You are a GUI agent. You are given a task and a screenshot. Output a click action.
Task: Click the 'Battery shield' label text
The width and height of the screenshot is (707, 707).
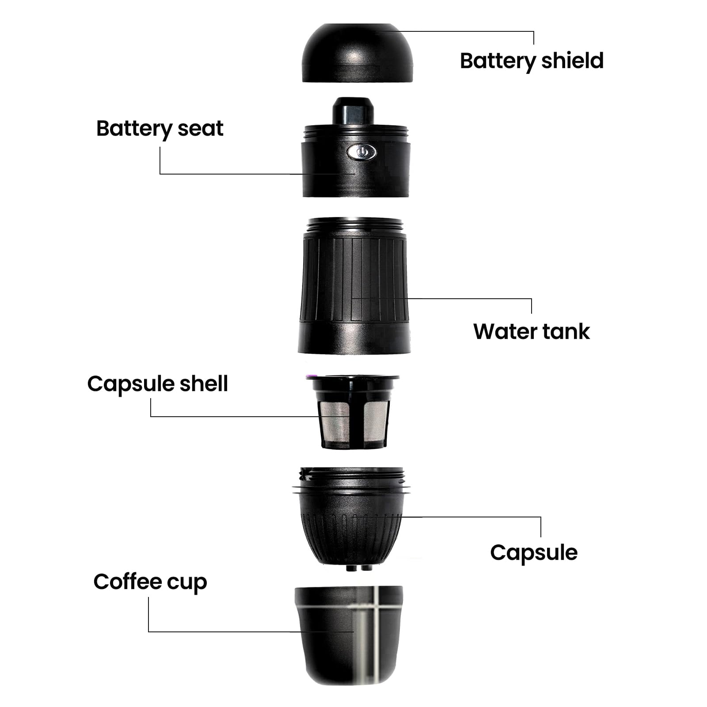[532, 61]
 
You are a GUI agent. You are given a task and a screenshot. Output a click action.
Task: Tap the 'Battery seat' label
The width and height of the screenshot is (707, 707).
[160, 129]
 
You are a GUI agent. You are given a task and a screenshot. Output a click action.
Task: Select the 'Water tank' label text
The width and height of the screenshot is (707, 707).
[531, 331]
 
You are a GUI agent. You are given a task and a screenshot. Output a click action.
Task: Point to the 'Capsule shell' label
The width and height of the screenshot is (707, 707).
[157, 384]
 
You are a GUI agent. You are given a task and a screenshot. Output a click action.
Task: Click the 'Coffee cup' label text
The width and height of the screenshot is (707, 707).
[150, 582]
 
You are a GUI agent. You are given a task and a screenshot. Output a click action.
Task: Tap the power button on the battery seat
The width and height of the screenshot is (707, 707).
[361, 152]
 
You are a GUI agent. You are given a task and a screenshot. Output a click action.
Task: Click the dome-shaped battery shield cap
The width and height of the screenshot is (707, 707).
[357, 53]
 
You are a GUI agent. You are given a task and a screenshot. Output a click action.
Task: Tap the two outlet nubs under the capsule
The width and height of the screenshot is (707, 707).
[358, 567]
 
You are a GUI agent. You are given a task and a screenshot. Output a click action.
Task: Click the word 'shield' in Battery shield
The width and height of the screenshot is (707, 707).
[572, 61]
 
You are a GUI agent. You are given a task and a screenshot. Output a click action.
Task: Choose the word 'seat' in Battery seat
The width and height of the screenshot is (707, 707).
[200, 129]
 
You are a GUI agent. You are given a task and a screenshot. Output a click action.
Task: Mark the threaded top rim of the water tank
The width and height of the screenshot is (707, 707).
[355, 225]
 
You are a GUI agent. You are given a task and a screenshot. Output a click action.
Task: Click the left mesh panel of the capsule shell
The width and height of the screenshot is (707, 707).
[334, 422]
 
